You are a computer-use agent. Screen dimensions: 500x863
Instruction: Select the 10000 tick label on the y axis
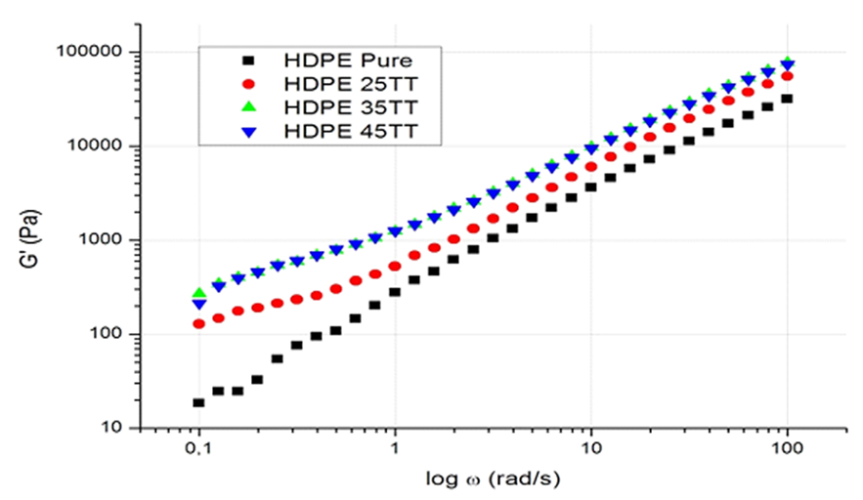[102, 146]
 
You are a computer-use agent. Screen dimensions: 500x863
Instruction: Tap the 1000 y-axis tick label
[106, 240]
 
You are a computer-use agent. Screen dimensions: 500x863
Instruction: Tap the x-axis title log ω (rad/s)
[493, 479]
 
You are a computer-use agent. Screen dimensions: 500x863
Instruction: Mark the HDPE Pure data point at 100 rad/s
[787, 99]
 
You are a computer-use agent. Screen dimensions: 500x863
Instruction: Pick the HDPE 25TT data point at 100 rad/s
[787, 76]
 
